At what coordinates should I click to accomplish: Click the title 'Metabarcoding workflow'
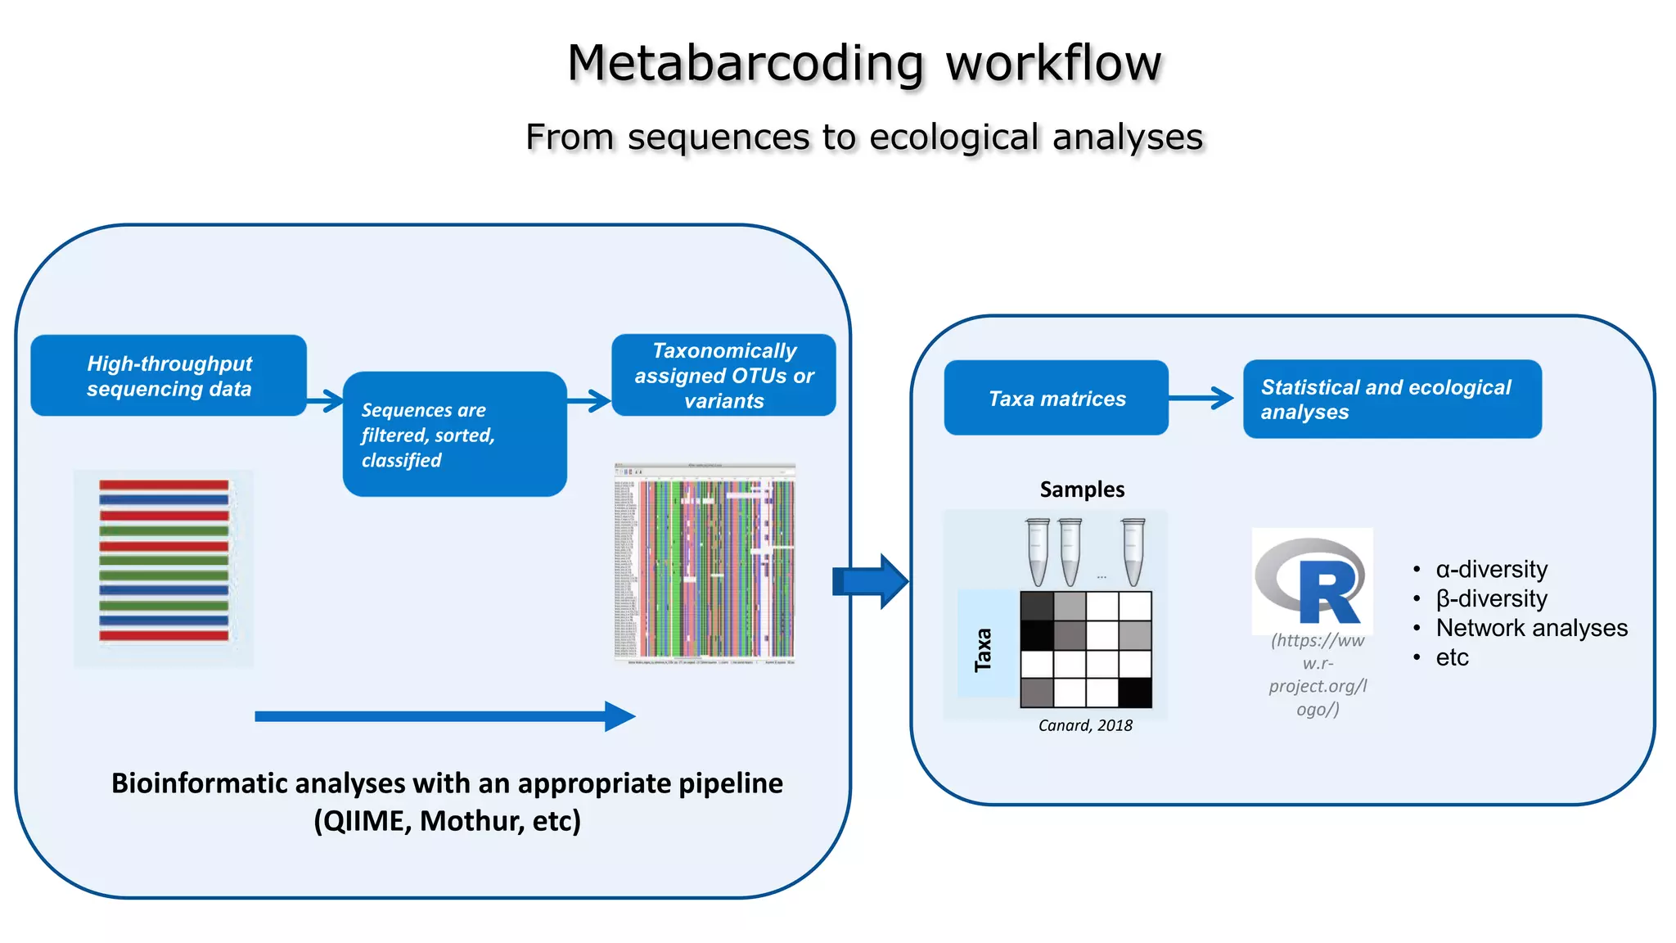(x=864, y=63)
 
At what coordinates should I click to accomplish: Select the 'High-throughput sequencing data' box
(x=169, y=376)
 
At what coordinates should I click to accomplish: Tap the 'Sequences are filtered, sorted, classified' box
(x=454, y=434)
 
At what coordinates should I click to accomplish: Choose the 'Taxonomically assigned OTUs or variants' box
(x=723, y=375)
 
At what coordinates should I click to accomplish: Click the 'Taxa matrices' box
(x=1056, y=398)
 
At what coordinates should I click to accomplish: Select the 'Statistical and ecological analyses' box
(x=1391, y=399)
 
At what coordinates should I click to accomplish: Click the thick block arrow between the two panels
(x=871, y=581)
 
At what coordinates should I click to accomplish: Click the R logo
(x=1312, y=581)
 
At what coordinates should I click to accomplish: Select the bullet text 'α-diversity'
(x=1491, y=569)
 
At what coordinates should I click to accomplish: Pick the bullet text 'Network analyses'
(x=1531, y=628)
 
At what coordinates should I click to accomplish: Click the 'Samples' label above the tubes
(x=1082, y=490)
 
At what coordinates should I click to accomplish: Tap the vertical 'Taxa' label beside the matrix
(x=984, y=650)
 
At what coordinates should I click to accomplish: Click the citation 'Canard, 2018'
(x=1085, y=725)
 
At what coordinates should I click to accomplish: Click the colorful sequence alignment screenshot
(x=705, y=564)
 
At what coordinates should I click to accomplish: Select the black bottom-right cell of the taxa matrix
(x=1135, y=693)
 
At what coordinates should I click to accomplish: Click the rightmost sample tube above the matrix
(x=1133, y=551)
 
